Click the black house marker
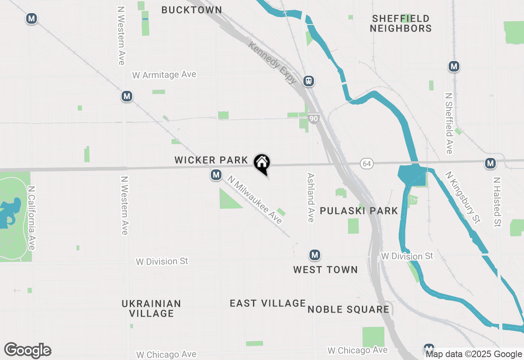pyautogui.click(x=262, y=164)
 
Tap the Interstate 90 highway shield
pyautogui.click(x=314, y=119)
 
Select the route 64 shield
pyautogui.click(x=366, y=164)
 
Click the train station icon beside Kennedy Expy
pyautogui.click(x=309, y=81)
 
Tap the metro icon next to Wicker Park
pyautogui.click(x=216, y=175)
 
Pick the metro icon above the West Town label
pyautogui.click(x=314, y=255)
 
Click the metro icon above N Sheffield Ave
pyautogui.click(x=453, y=66)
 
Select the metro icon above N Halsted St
pyautogui.click(x=490, y=163)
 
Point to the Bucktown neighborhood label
pyautogui.click(x=192, y=10)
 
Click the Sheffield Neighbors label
pyautogui.click(x=401, y=23)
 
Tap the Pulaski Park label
pyautogui.click(x=359, y=211)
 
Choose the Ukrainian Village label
pyautogui.click(x=151, y=308)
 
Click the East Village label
pyautogui.click(x=268, y=303)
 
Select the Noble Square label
pyautogui.click(x=348, y=309)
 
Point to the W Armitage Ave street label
pyautogui.click(x=164, y=75)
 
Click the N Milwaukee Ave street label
pyautogui.click(x=255, y=200)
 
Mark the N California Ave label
pyautogui.click(x=32, y=218)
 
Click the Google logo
pyautogui.click(x=27, y=351)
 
